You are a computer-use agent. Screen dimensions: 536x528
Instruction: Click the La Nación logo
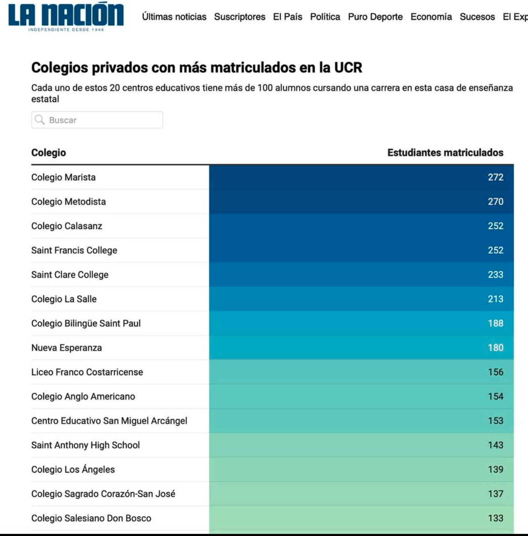coord(66,16)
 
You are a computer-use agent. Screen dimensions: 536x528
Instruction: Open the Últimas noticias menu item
coord(174,17)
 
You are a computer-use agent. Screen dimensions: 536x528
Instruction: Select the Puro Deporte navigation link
coord(375,17)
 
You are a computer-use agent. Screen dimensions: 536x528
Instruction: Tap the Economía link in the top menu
coord(431,17)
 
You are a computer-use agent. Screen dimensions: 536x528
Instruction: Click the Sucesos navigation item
coord(477,17)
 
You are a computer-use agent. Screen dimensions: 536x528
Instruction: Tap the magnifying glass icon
coord(40,120)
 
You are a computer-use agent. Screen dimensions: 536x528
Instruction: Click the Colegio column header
coord(49,152)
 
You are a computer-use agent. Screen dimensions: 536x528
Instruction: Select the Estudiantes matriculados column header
coord(445,152)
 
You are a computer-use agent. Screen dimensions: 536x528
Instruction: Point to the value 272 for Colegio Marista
coord(495,177)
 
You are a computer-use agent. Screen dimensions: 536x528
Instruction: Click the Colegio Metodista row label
coord(68,201)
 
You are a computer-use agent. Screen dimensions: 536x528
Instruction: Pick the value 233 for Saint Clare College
coord(495,275)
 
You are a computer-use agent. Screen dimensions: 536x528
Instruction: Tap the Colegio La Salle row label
coord(64,299)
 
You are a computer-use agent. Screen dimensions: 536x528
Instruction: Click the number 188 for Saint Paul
coord(495,323)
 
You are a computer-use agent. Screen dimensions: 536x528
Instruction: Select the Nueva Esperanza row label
coord(66,348)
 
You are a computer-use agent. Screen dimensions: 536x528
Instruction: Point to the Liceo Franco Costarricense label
coord(87,372)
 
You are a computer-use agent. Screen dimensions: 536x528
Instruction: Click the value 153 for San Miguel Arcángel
coord(495,421)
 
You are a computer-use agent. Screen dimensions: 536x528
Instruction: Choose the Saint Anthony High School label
coord(85,445)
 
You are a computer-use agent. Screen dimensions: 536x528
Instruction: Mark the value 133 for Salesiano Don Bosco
coord(495,518)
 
